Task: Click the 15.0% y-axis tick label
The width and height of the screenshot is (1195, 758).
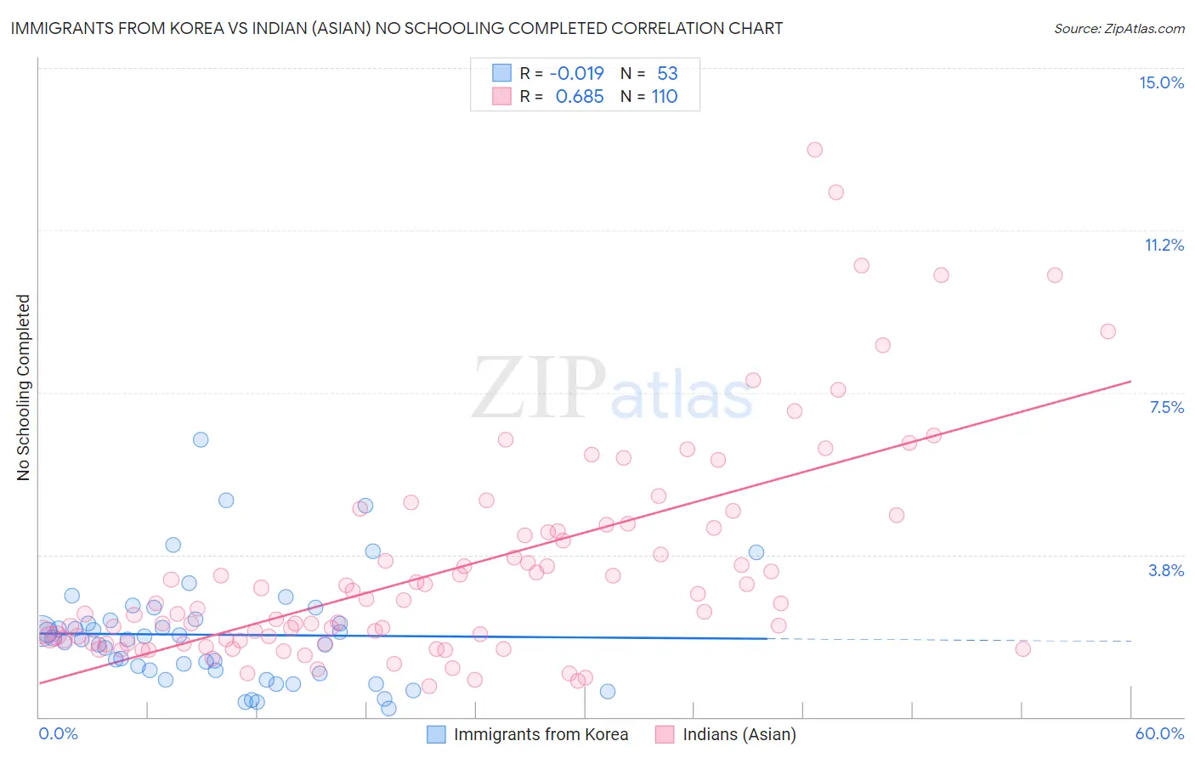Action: (1161, 82)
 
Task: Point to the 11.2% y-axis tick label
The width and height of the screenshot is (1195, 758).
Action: (1164, 245)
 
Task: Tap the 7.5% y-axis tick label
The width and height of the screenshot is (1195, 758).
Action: (1166, 407)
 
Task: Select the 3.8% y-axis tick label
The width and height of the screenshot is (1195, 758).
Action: (1166, 570)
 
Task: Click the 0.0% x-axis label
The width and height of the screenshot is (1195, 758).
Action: (58, 733)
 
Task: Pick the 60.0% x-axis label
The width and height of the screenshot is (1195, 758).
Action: (1159, 733)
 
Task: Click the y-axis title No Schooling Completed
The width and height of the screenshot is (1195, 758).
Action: (24, 387)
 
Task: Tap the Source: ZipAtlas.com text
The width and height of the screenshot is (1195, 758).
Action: (1119, 28)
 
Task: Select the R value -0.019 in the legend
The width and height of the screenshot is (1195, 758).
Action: (576, 73)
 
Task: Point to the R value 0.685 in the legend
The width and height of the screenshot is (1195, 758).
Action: (580, 96)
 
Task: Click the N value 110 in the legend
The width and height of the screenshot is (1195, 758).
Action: (665, 96)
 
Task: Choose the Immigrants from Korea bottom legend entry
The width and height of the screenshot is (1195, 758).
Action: (528, 734)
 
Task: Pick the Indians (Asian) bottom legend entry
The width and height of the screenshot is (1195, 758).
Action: (726, 734)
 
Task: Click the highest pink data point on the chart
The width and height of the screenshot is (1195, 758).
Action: (814, 150)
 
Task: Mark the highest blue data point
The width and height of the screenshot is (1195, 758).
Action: (201, 439)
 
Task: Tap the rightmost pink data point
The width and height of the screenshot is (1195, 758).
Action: (1107, 331)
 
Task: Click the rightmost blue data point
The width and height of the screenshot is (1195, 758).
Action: (756, 552)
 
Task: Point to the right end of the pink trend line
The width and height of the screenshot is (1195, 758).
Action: (1130, 382)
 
